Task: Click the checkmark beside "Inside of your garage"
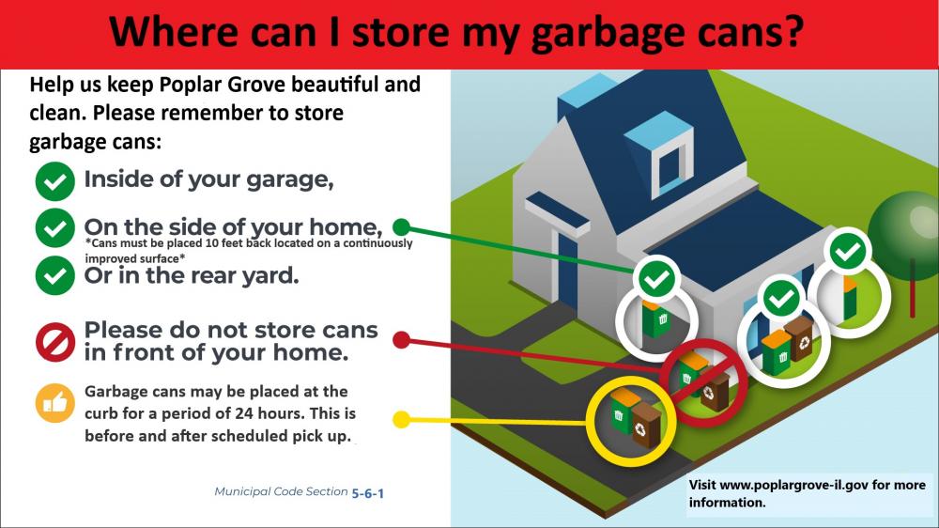(x=55, y=181)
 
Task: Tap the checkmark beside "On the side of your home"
(x=55, y=227)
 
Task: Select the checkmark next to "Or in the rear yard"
(x=55, y=276)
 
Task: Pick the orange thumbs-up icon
(x=55, y=403)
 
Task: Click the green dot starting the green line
(x=401, y=226)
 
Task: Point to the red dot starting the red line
(x=401, y=339)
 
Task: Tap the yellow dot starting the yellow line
(x=401, y=419)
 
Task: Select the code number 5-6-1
(x=367, y=492)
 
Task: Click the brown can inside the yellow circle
(x=646, y=425)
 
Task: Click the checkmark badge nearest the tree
(x=848, y=251)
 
